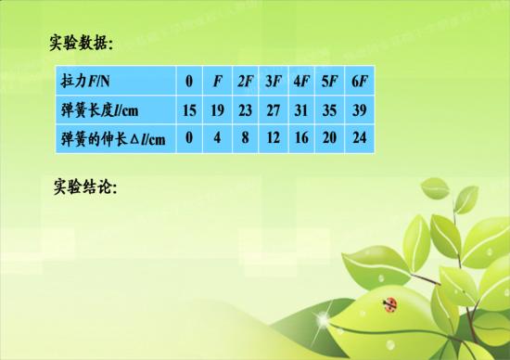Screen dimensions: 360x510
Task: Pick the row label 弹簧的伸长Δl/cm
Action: (x=113, y=140)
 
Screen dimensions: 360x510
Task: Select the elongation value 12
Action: (x=274, y=140)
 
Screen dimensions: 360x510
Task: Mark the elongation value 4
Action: (x=217, y=140)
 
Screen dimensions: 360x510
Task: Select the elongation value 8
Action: (x=246, y=140)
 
